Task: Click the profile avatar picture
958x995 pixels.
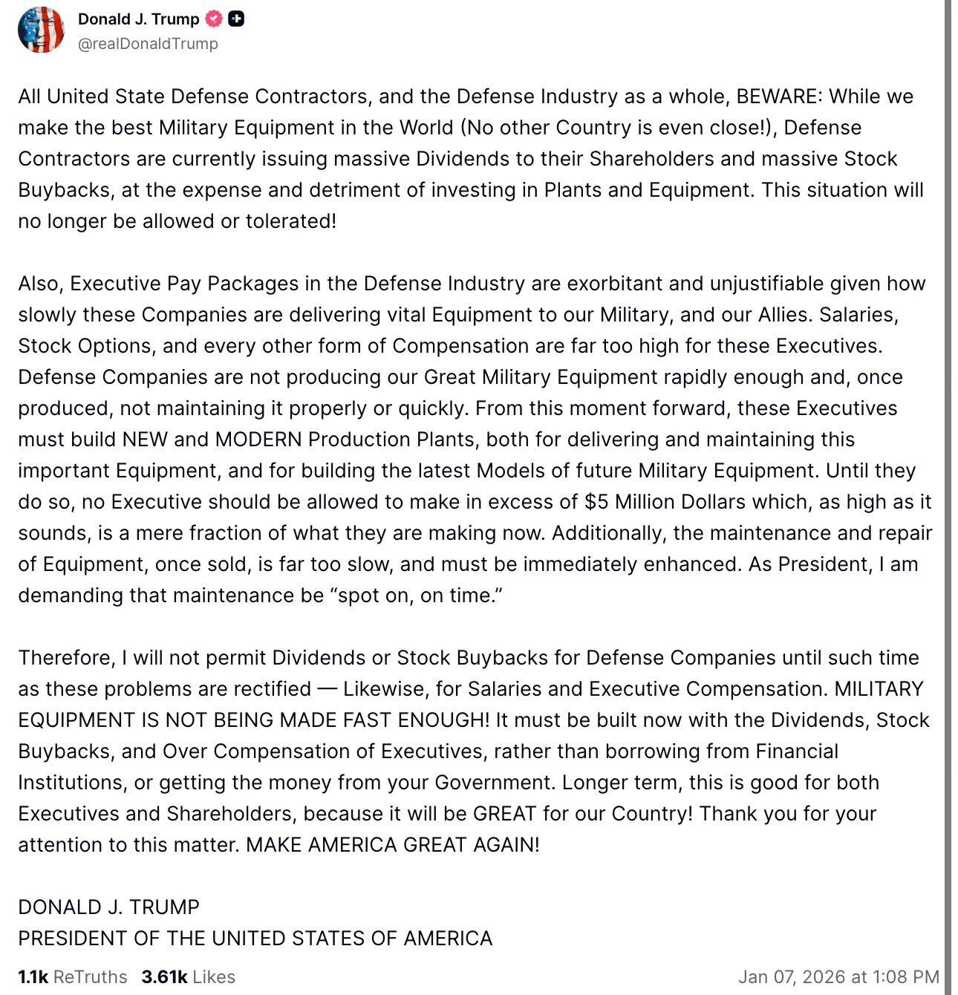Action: pyautogui.click(x=41, y=30)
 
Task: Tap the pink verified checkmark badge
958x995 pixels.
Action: pyautogui.click(x=214, y=19)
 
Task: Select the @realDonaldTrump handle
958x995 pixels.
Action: pyautogui.click(x=148, y=44)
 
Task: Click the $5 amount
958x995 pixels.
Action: pyautogui.click(x=596, y=502)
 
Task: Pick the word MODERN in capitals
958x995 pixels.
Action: pyautogui.click(x=258, y=440)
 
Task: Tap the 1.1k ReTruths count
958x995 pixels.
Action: pyautogui.click(x=72, y=977)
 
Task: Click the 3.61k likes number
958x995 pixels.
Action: pyautogui.click(x=164, y=977)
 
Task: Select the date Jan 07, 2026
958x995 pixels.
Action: pyautogui.click(x=792, y=977)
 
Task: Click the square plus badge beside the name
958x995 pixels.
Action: pyautogui.click(x=236, y=19)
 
